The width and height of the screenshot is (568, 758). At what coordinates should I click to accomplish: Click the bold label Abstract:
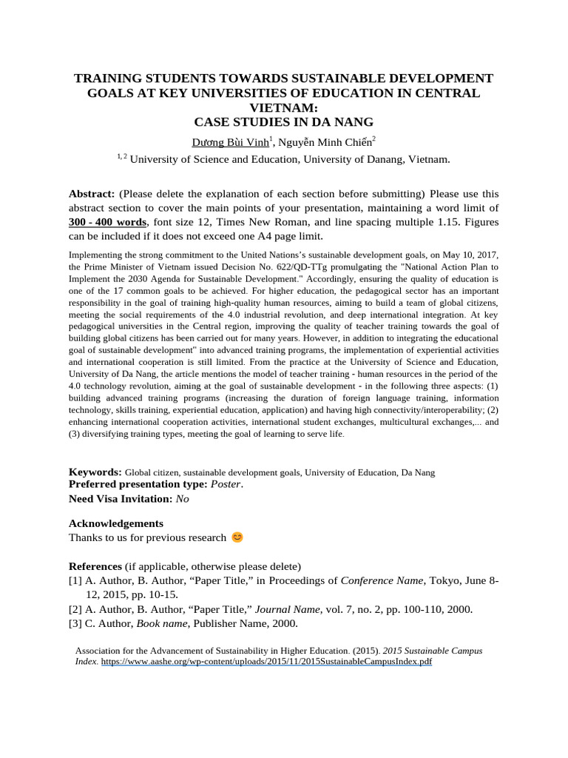click(92, 194)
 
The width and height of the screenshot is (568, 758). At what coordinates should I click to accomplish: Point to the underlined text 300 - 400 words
click(108, 222)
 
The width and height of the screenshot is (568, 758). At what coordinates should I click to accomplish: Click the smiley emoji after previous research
click(237, 537)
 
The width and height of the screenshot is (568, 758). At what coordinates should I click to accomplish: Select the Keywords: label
click(95, 472)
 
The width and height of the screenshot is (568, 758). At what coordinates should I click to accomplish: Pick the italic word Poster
click(226, 484)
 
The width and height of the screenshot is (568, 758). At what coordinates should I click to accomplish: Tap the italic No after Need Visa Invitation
click(182, 499)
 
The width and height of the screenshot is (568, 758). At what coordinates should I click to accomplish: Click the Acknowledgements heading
click(116, 523)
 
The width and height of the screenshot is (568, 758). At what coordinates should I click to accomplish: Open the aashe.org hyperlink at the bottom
click(266, 661)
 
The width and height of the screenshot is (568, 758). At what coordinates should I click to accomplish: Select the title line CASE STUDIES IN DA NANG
click(284, 121)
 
